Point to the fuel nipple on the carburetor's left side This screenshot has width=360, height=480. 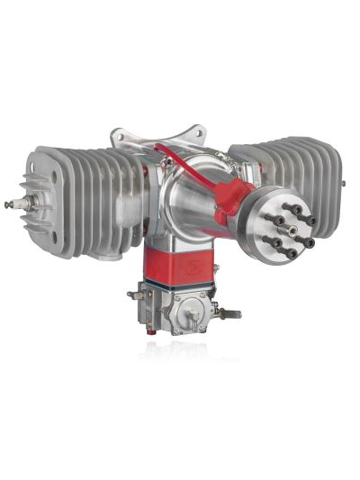135,294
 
